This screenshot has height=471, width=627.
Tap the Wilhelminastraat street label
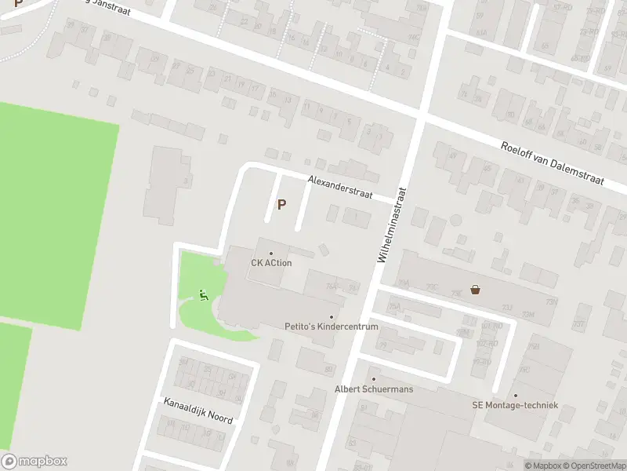(x=392, y=224)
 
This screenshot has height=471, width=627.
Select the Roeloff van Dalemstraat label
(x=553, y=162)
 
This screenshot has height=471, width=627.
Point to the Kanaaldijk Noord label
(x=198, y=411)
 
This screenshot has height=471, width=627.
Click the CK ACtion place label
(x=271, y=263)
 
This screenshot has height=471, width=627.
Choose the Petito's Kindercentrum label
(x=331, y=326)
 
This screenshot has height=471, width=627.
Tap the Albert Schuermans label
(x=373, y=389)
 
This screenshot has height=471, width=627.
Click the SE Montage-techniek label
(x=515, y=405)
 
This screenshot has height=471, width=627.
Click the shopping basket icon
(x=475, y=289)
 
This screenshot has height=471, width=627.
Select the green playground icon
(x=203, y=295)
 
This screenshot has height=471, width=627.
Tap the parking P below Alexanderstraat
(x=281, y=205)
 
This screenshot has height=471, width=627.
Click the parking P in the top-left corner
(x=18, y=4)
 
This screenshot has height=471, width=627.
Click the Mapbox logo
(x=34, y=462)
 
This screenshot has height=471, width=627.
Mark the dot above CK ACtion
(x=271, y=253)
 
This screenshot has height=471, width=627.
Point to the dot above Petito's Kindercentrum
(x=331, y=316)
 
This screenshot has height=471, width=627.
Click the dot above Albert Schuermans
(x=373, y=379)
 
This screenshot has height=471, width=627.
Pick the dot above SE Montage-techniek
(x=515, y=396)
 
